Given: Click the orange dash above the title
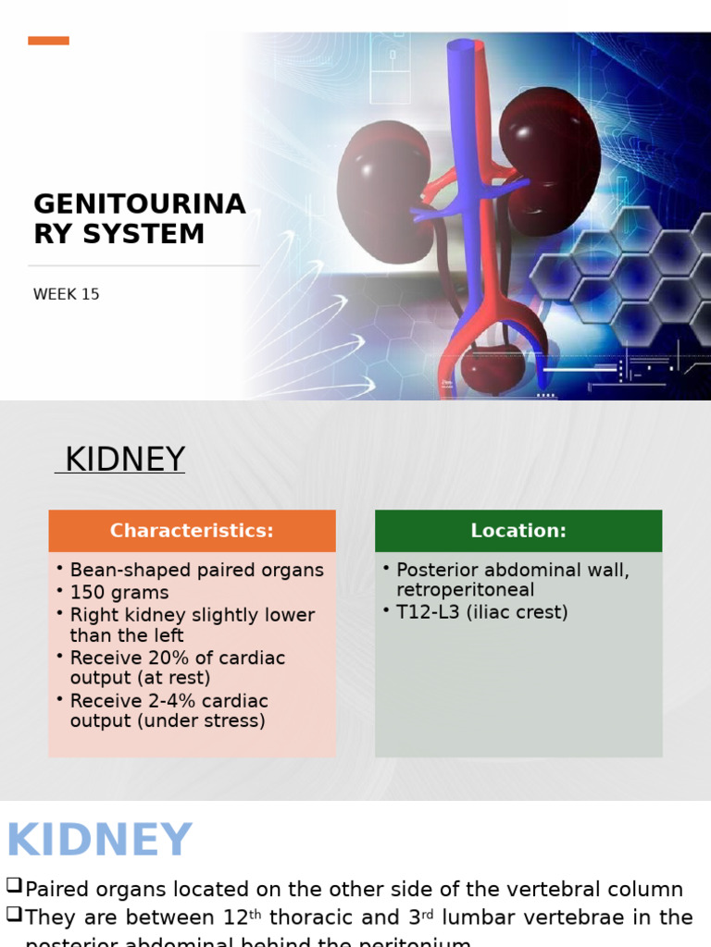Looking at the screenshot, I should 48,41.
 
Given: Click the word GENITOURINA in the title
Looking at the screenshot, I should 140,204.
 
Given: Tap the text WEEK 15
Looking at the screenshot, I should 66,295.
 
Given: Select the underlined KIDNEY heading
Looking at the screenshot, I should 120,460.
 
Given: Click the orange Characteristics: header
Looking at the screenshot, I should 192,531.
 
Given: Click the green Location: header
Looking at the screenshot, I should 518,531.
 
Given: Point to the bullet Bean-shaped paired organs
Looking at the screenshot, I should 196,571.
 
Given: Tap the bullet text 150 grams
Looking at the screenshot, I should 119,593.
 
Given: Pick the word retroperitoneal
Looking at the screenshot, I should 465,590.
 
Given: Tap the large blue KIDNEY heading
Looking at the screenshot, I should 99,841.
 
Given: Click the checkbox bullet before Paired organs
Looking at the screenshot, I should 14,886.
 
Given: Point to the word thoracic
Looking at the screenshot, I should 311,917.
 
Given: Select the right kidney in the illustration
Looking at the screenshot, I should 550,157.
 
